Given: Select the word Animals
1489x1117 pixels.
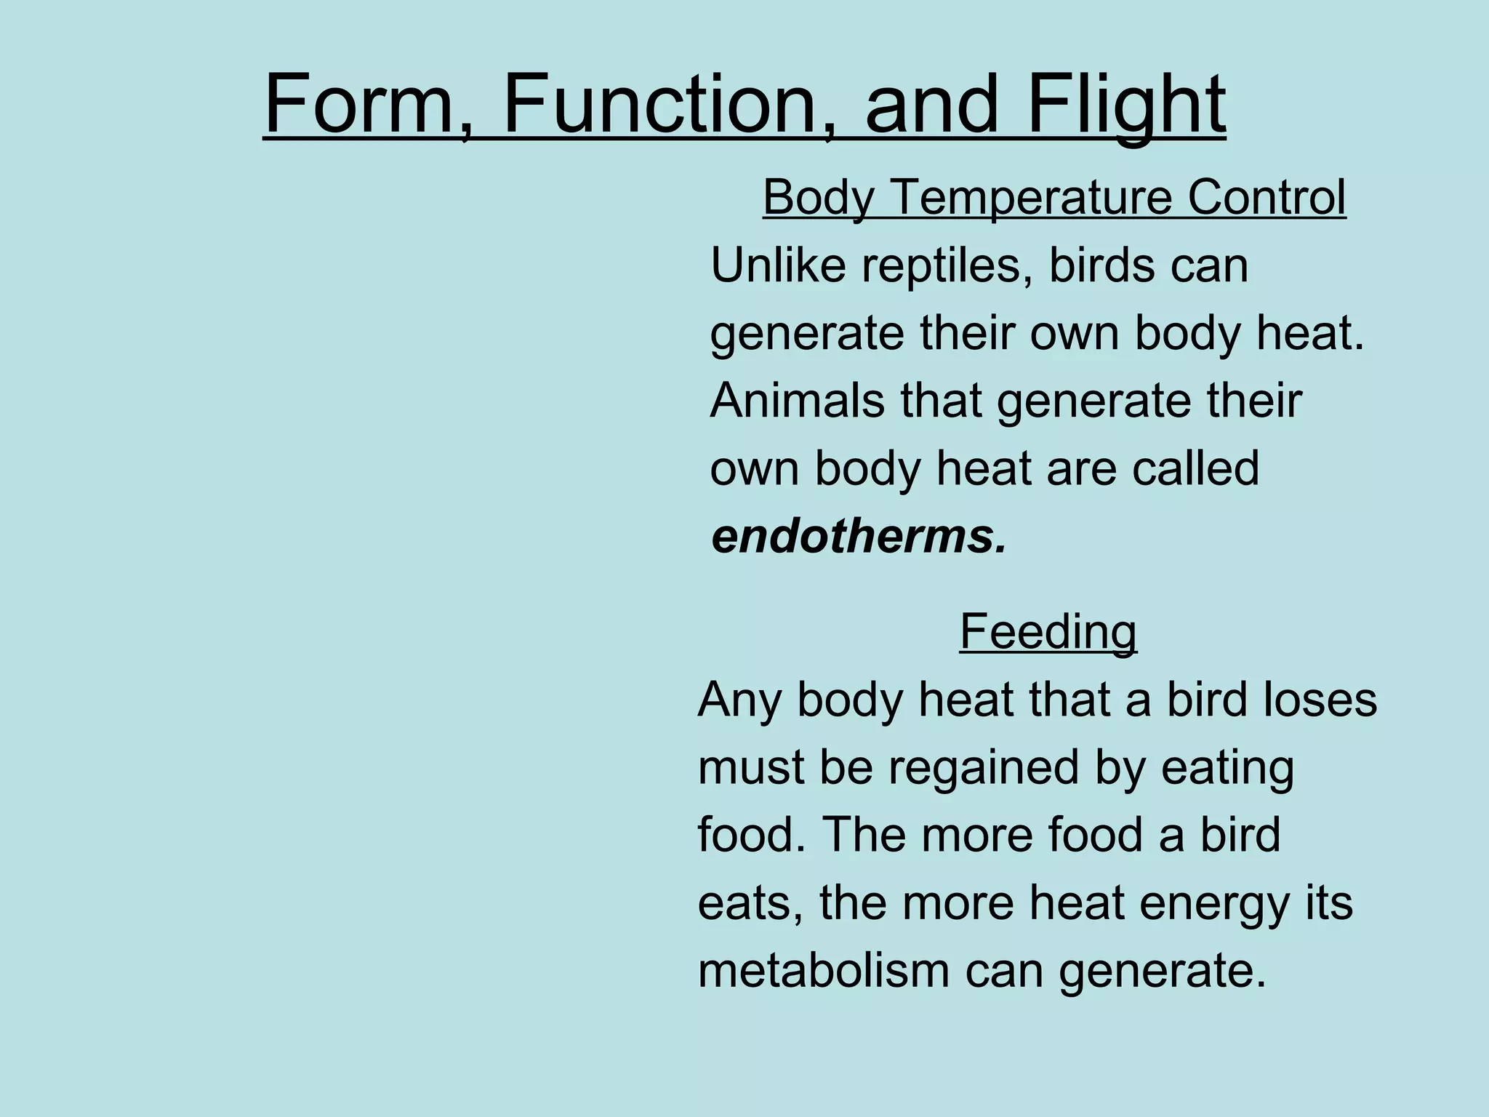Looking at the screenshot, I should [797, 401].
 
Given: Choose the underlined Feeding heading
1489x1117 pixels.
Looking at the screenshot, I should [1048, 631].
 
